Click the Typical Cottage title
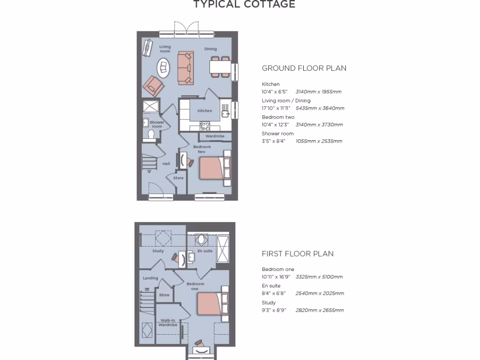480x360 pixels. [x=244, y=5]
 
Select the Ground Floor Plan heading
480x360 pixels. [x=304, y=68]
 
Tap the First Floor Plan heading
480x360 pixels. [x=298, y=254]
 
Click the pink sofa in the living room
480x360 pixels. [x=185, y=68]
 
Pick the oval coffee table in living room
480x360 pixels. [x=164, y=68]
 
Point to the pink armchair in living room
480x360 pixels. [x=154, y=86]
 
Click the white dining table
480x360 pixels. [x=220, y=68]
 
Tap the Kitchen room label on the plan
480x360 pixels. [x=204, y=111]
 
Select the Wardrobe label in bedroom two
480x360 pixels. [x=215, y=136]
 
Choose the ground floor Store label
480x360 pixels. [x=179, y=178]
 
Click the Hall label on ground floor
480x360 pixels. [x=166, y=164]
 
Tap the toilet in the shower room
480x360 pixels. [x=151, y=135]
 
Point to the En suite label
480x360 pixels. [x=205, y=251]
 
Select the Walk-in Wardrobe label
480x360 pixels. [x=167, y=322]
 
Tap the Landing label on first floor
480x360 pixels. [x=150, y=278]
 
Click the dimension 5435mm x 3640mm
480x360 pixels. [x=320, y=108]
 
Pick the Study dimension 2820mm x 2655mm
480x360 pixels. [x=319, y=310]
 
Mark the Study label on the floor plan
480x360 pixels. [x=158, y=251]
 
